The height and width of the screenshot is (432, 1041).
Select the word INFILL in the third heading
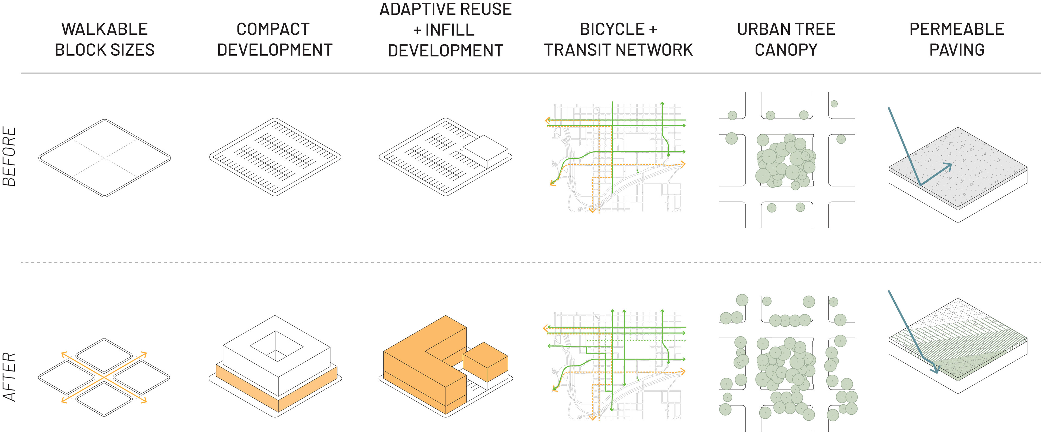(x=450, y=30)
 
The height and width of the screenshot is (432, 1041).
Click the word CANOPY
(x=786, y=50)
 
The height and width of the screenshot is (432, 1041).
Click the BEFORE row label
(x=9, y=157)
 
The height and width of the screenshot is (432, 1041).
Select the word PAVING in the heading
(x=956, y=50)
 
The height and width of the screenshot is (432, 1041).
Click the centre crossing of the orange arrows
(x=104, y=377)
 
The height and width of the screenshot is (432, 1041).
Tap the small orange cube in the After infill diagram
(x=485, y=361)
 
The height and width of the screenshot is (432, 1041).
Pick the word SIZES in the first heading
(x=133, y=50)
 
